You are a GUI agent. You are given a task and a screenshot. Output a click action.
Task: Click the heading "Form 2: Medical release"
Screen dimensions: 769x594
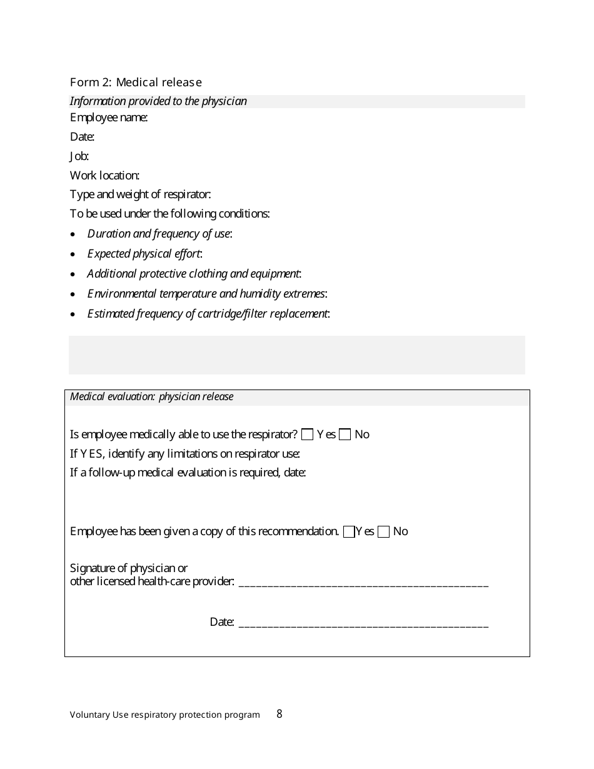coord(136,83)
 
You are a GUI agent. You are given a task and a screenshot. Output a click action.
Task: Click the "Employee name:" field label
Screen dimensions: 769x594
coord(109,118)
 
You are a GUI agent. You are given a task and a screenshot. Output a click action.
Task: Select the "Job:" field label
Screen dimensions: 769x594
coord(79,156)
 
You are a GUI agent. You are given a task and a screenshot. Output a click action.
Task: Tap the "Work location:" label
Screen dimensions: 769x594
coord(104,176)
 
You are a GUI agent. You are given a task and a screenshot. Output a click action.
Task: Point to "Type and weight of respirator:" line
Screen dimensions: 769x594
coord(136,195)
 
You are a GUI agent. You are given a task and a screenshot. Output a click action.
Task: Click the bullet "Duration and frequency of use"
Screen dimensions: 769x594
coord(159,234)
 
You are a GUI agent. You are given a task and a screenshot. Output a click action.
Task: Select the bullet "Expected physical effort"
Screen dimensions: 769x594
coord(144,254)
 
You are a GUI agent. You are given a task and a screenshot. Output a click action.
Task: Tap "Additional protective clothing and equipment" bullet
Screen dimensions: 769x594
coord(194,274)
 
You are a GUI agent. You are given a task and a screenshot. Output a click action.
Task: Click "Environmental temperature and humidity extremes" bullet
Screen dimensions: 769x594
coord(207,294)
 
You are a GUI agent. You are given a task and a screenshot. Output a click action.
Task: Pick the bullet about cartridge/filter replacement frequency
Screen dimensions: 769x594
coord(208,314)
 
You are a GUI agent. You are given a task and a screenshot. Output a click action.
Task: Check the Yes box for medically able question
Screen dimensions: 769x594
coord(307,435)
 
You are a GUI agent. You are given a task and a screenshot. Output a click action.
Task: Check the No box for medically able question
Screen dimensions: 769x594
coord(345,435)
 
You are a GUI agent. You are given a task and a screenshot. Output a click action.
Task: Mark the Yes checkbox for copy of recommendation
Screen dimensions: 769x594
coord(349,531)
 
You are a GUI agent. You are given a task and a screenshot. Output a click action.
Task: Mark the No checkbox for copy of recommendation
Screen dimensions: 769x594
coord(384,531)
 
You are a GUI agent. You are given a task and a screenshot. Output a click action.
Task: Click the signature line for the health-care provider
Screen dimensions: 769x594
coord(363,584)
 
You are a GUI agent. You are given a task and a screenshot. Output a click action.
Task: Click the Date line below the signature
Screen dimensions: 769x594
coord(363,623)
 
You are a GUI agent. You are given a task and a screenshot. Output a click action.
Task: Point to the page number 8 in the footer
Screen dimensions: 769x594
coord(279,714)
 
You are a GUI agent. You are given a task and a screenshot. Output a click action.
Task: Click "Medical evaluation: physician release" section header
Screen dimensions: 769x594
coord(152,397)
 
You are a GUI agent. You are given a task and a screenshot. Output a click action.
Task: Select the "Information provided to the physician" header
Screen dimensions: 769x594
coord(158,101)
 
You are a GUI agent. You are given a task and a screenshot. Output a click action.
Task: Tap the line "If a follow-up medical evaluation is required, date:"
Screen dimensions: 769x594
coord(188,473)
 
